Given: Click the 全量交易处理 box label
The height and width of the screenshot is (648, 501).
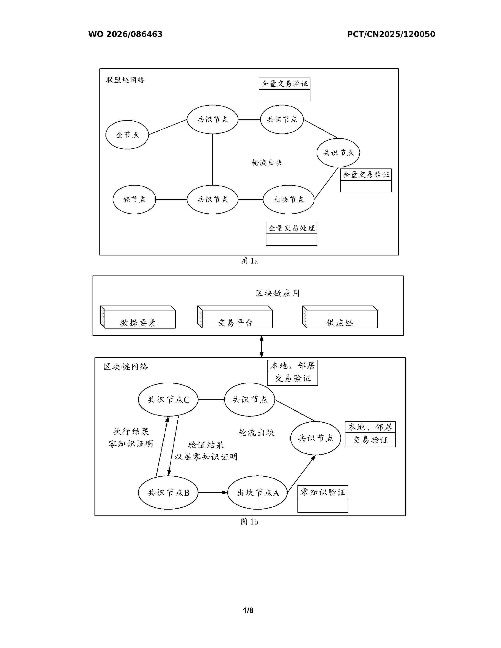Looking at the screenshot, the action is tap(291, 228).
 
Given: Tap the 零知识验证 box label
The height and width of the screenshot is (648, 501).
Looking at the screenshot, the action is tap(323, 492).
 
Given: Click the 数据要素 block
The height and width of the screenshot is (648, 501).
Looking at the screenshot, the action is tap(138, 317).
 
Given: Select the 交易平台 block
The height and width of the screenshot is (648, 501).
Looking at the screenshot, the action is tap(235, 317).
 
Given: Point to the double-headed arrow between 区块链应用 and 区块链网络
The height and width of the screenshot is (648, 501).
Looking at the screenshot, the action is tap(262, 347).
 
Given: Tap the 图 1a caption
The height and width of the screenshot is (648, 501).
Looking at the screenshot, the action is tap(249, 261).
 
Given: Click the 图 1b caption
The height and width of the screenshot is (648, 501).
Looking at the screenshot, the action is tap(249, 522).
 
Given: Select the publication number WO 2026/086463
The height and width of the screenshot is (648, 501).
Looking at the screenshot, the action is tap(125, 34).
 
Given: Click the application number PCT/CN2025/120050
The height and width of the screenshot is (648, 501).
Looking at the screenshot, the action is tap(391, 34).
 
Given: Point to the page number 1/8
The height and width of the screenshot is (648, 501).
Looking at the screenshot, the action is tap(248, 610).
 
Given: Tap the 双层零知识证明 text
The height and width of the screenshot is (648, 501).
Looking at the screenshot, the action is tap(206, 457).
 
